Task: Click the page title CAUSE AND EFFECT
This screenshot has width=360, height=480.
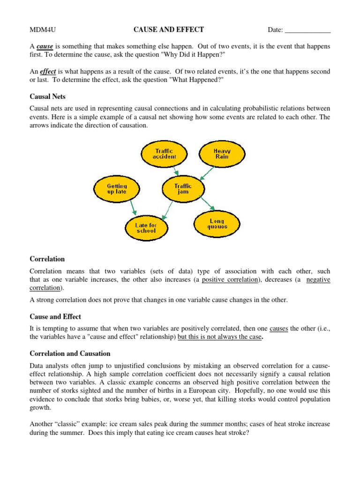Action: point(169,30)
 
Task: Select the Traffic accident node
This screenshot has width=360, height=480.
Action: point(164,154)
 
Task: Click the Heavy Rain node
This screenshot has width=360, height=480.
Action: point(222,154)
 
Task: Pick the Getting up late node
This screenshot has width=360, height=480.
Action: point(117,189)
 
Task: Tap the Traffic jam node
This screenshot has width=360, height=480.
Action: point(183,189)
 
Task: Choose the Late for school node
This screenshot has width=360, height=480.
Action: point(146,228)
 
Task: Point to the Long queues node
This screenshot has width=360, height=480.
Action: point(217,224)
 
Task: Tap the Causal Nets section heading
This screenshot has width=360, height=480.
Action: point(47,97)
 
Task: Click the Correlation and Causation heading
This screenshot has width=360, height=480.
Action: point(70,353)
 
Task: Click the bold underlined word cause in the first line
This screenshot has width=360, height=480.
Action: point(45,47)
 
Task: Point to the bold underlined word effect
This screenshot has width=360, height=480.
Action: point(48,72)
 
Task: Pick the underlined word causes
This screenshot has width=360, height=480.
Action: point(279,329)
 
